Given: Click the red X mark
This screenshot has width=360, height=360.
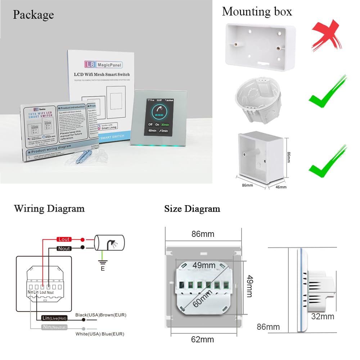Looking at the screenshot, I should (x=327, y=37).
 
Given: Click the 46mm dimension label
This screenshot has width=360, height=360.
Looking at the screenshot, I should (x=281, y=187).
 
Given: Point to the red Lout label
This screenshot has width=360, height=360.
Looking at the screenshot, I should (x=64, y=239).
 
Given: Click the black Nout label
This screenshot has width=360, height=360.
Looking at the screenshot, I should (x=64, y=248).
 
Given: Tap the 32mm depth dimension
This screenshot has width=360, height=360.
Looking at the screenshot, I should (x=323, y=316).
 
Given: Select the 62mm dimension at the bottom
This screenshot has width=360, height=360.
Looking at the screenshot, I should (x=203, y=339).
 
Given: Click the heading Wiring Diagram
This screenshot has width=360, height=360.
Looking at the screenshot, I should (x=49, y=208).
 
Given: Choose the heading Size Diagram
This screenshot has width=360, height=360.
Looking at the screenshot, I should (x=192, y=208).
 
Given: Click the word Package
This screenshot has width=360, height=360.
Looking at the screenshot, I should (x=33, y=14).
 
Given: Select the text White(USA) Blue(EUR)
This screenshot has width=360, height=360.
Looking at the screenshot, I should (x=100, y=334).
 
